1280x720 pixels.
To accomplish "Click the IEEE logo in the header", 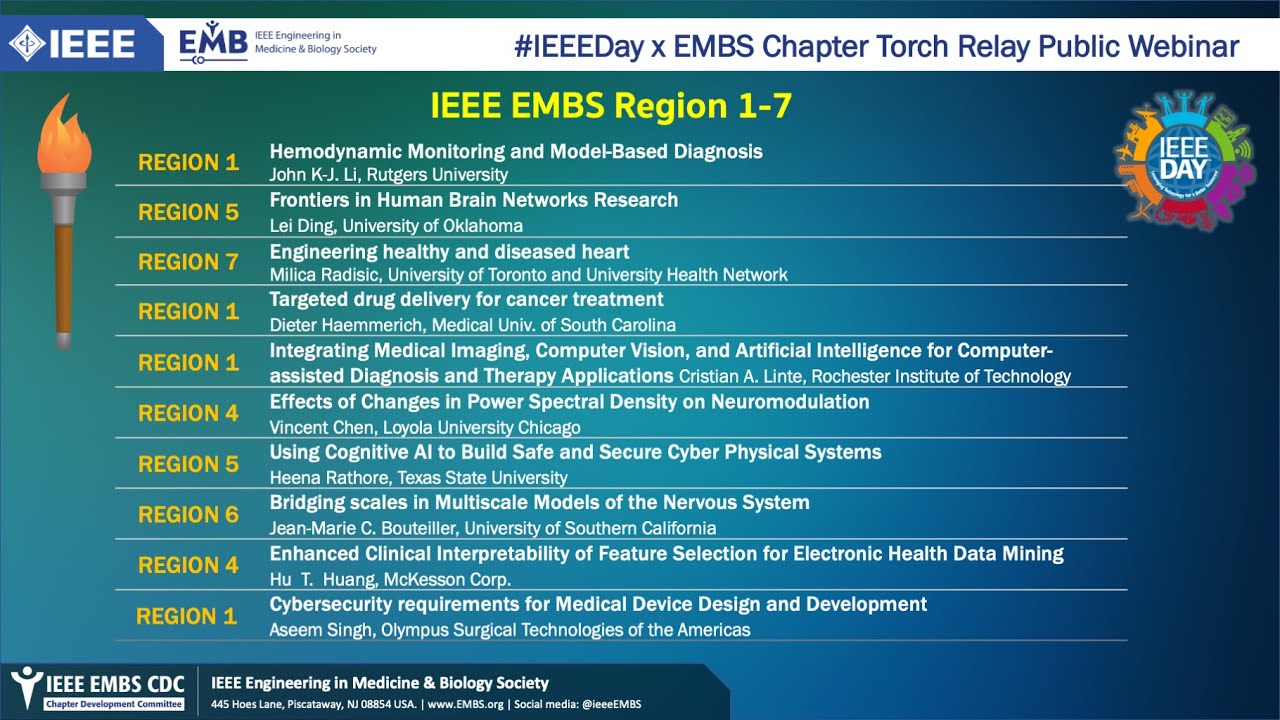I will click(x=72, y=43).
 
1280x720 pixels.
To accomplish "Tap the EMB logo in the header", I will click(x=213, y=42).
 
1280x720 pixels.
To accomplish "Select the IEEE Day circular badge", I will click(x=1184, y=161).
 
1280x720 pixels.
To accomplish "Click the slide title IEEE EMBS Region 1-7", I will click(x=611, y=106).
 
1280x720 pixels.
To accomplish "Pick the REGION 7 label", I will click(x=188, y=262).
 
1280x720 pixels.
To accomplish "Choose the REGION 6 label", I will click(x=188, y=515).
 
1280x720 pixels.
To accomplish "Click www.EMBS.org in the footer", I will click(x=466, y=704).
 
